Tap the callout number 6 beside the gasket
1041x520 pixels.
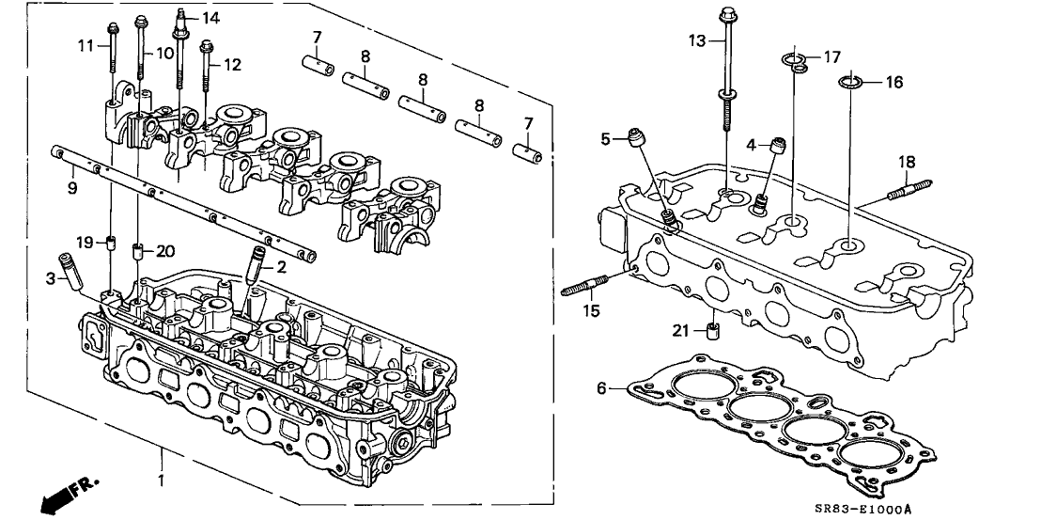pyautogui.click(x=602, y=386)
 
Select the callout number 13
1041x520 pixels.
pyautogui.click(x=695, y=40)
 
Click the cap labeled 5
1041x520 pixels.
pyautogui.click(x=640, y=139)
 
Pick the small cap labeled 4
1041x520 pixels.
pyautogui.click(x=777, y=147)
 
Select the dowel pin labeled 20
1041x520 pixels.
pyautogui.click(x=138, y=251)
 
